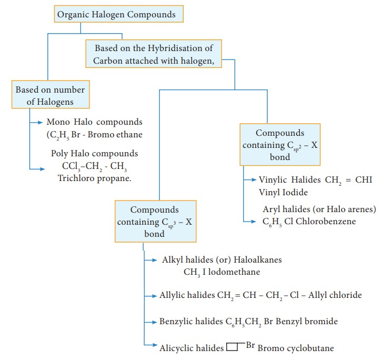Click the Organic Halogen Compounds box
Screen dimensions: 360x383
[x=118, y=14]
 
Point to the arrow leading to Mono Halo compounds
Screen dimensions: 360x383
[x=37, y=122]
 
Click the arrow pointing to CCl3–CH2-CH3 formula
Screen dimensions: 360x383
[x=37, y=169]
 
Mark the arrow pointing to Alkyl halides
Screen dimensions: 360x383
[x=150, y=259]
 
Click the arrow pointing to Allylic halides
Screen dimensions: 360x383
[x=150, y=295]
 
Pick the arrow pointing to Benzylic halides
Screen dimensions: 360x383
[x=150, y=321]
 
